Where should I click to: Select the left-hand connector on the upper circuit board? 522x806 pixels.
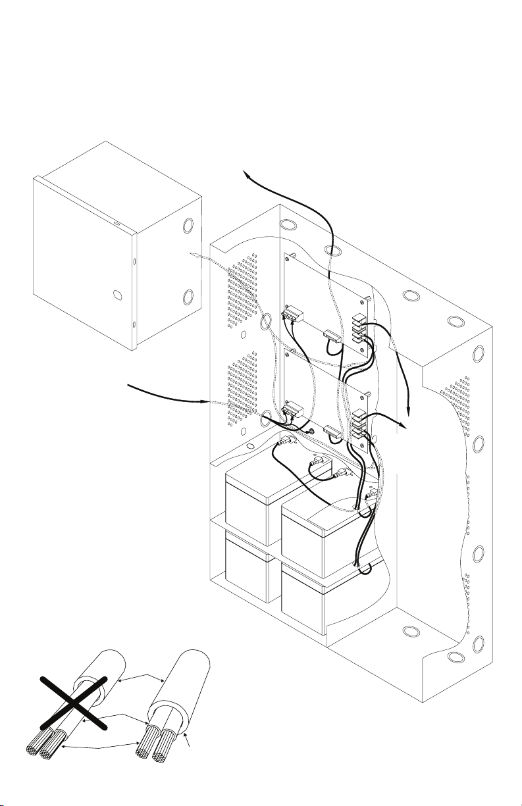[x=290, y=317]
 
